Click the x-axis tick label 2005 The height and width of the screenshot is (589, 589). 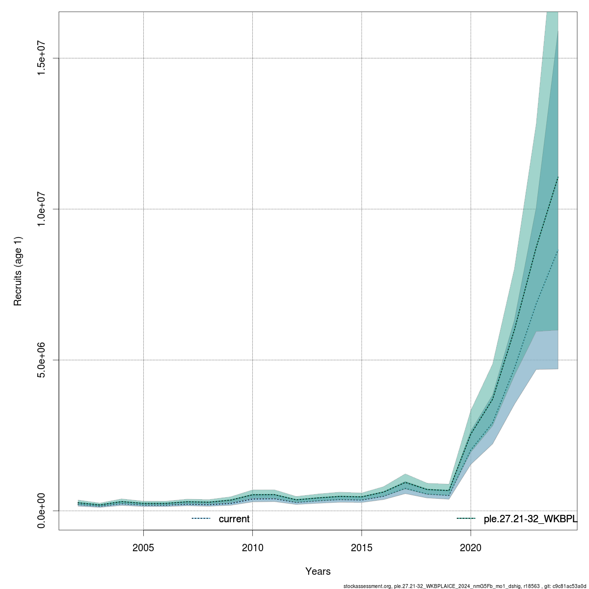point(143,547)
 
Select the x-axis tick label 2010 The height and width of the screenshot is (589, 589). point(252,547)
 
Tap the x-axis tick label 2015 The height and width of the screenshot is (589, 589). point(362,547)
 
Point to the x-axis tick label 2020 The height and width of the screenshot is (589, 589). point(471,547)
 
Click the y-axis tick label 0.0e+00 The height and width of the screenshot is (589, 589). point(42,510)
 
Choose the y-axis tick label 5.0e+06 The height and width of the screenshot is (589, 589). point(42,360)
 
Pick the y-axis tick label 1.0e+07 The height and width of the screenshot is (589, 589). point(42,209)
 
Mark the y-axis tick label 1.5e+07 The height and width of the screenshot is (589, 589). point(42,58)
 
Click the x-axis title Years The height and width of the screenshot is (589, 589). point(318,571)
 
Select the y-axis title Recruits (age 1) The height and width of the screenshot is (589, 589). point(18,271)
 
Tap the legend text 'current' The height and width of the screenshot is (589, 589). point(234,519)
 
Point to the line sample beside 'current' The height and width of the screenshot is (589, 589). point(201,519)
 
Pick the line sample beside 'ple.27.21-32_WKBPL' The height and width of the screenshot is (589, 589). point(466,519)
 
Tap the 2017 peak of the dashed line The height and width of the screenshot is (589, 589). point(405,482)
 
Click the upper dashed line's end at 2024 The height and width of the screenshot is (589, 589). point(558,177)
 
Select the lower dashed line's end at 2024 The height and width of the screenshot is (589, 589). point(558,250)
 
